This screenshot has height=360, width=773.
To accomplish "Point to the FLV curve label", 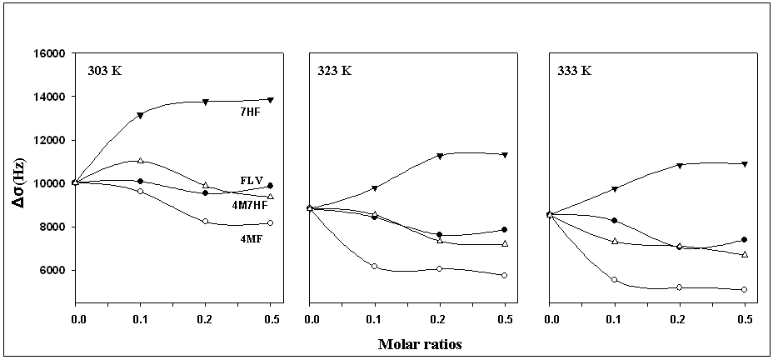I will [252, 180].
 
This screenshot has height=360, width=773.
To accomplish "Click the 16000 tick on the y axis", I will [50, 54].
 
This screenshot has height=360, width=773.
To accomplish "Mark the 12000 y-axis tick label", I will [50, 141].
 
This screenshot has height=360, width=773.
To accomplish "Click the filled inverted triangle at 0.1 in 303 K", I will [140, 116].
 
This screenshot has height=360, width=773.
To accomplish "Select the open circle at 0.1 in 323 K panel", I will [375, 267].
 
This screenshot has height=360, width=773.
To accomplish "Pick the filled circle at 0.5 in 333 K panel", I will [745, 240].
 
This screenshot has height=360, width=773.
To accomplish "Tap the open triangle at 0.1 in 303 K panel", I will [140, 160].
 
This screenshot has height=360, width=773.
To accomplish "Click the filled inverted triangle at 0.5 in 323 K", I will [505, 155].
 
